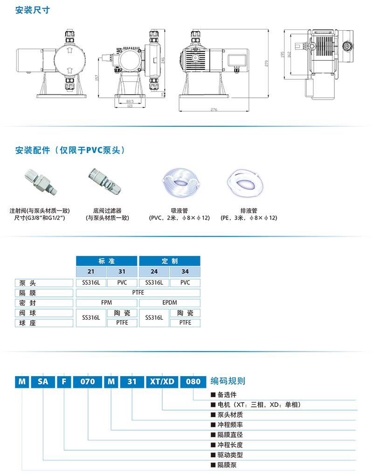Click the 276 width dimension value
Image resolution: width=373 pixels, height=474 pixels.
coord(214,110)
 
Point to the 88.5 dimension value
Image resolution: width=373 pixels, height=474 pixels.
coord(129,101)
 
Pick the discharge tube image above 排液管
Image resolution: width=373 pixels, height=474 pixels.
coord(249,180)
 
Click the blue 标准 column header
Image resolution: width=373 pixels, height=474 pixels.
coord(106,261)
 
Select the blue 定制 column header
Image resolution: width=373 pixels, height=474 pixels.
coord(170,261)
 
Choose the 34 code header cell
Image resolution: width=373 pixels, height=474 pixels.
coord(185,272)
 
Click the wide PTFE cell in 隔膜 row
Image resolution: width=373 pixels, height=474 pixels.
coord(138,293)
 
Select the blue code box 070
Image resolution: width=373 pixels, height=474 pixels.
coord(88,381)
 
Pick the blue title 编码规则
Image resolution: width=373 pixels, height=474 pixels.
coord(228,381)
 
